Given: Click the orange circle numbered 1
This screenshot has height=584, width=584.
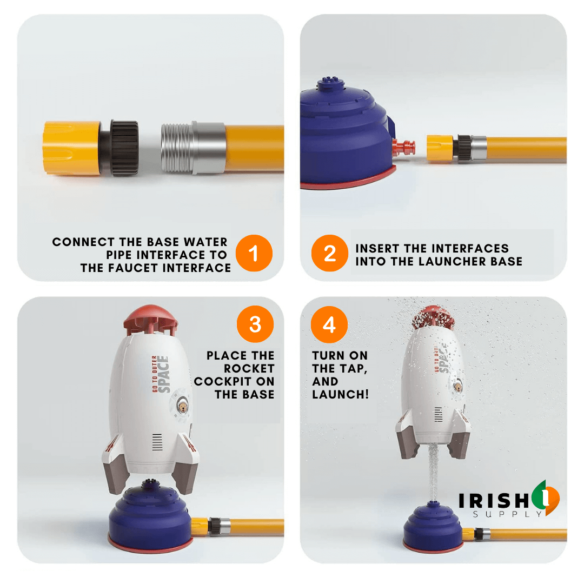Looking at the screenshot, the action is (x=254, y=253).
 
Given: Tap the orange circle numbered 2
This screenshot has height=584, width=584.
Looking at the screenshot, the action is (x=330, y=253).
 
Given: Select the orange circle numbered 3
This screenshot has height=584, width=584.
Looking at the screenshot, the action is (x=255, y=324).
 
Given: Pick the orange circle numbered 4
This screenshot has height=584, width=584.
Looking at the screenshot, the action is (x=329, y=324).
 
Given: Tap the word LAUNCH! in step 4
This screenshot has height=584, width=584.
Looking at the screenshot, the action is (x=341, y=394).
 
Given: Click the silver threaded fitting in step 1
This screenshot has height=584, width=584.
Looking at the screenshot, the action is (x=194, y=148).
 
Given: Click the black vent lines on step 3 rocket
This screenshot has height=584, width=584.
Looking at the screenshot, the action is (x=157, y=442).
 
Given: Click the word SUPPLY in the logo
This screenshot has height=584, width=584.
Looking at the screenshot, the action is (x=507, y=514).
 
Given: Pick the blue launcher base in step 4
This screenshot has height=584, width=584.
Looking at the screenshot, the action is (x=433, y=527).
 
